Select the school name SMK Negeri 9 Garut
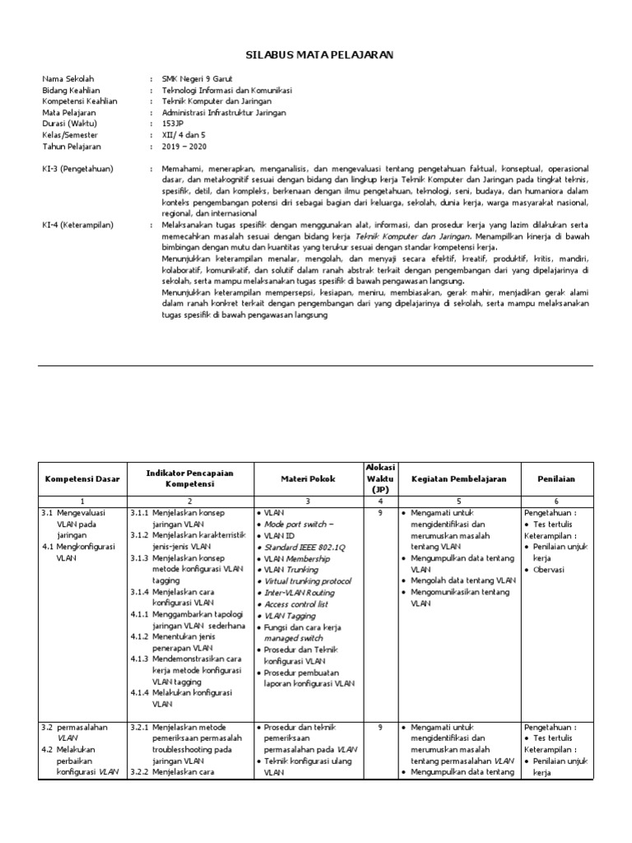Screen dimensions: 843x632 coord(198,79)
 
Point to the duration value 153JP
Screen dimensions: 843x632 coord(174,123)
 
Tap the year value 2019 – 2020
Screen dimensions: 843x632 coord(185,146)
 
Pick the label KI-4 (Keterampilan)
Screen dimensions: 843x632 coord(77,225)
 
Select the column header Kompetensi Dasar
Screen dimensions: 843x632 coord(82,478)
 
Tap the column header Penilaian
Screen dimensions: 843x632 coord(556,478)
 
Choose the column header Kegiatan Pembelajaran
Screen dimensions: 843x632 coord(459,478)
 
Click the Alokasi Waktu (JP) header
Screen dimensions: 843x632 coord(380,478)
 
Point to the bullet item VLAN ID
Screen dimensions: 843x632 coord(280,535)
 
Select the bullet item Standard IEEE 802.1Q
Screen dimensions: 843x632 coord(304,547)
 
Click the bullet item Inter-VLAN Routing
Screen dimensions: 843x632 coord(299,593)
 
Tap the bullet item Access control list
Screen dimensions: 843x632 coord(296,604)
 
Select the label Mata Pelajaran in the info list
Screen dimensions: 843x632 coord(69,113)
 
